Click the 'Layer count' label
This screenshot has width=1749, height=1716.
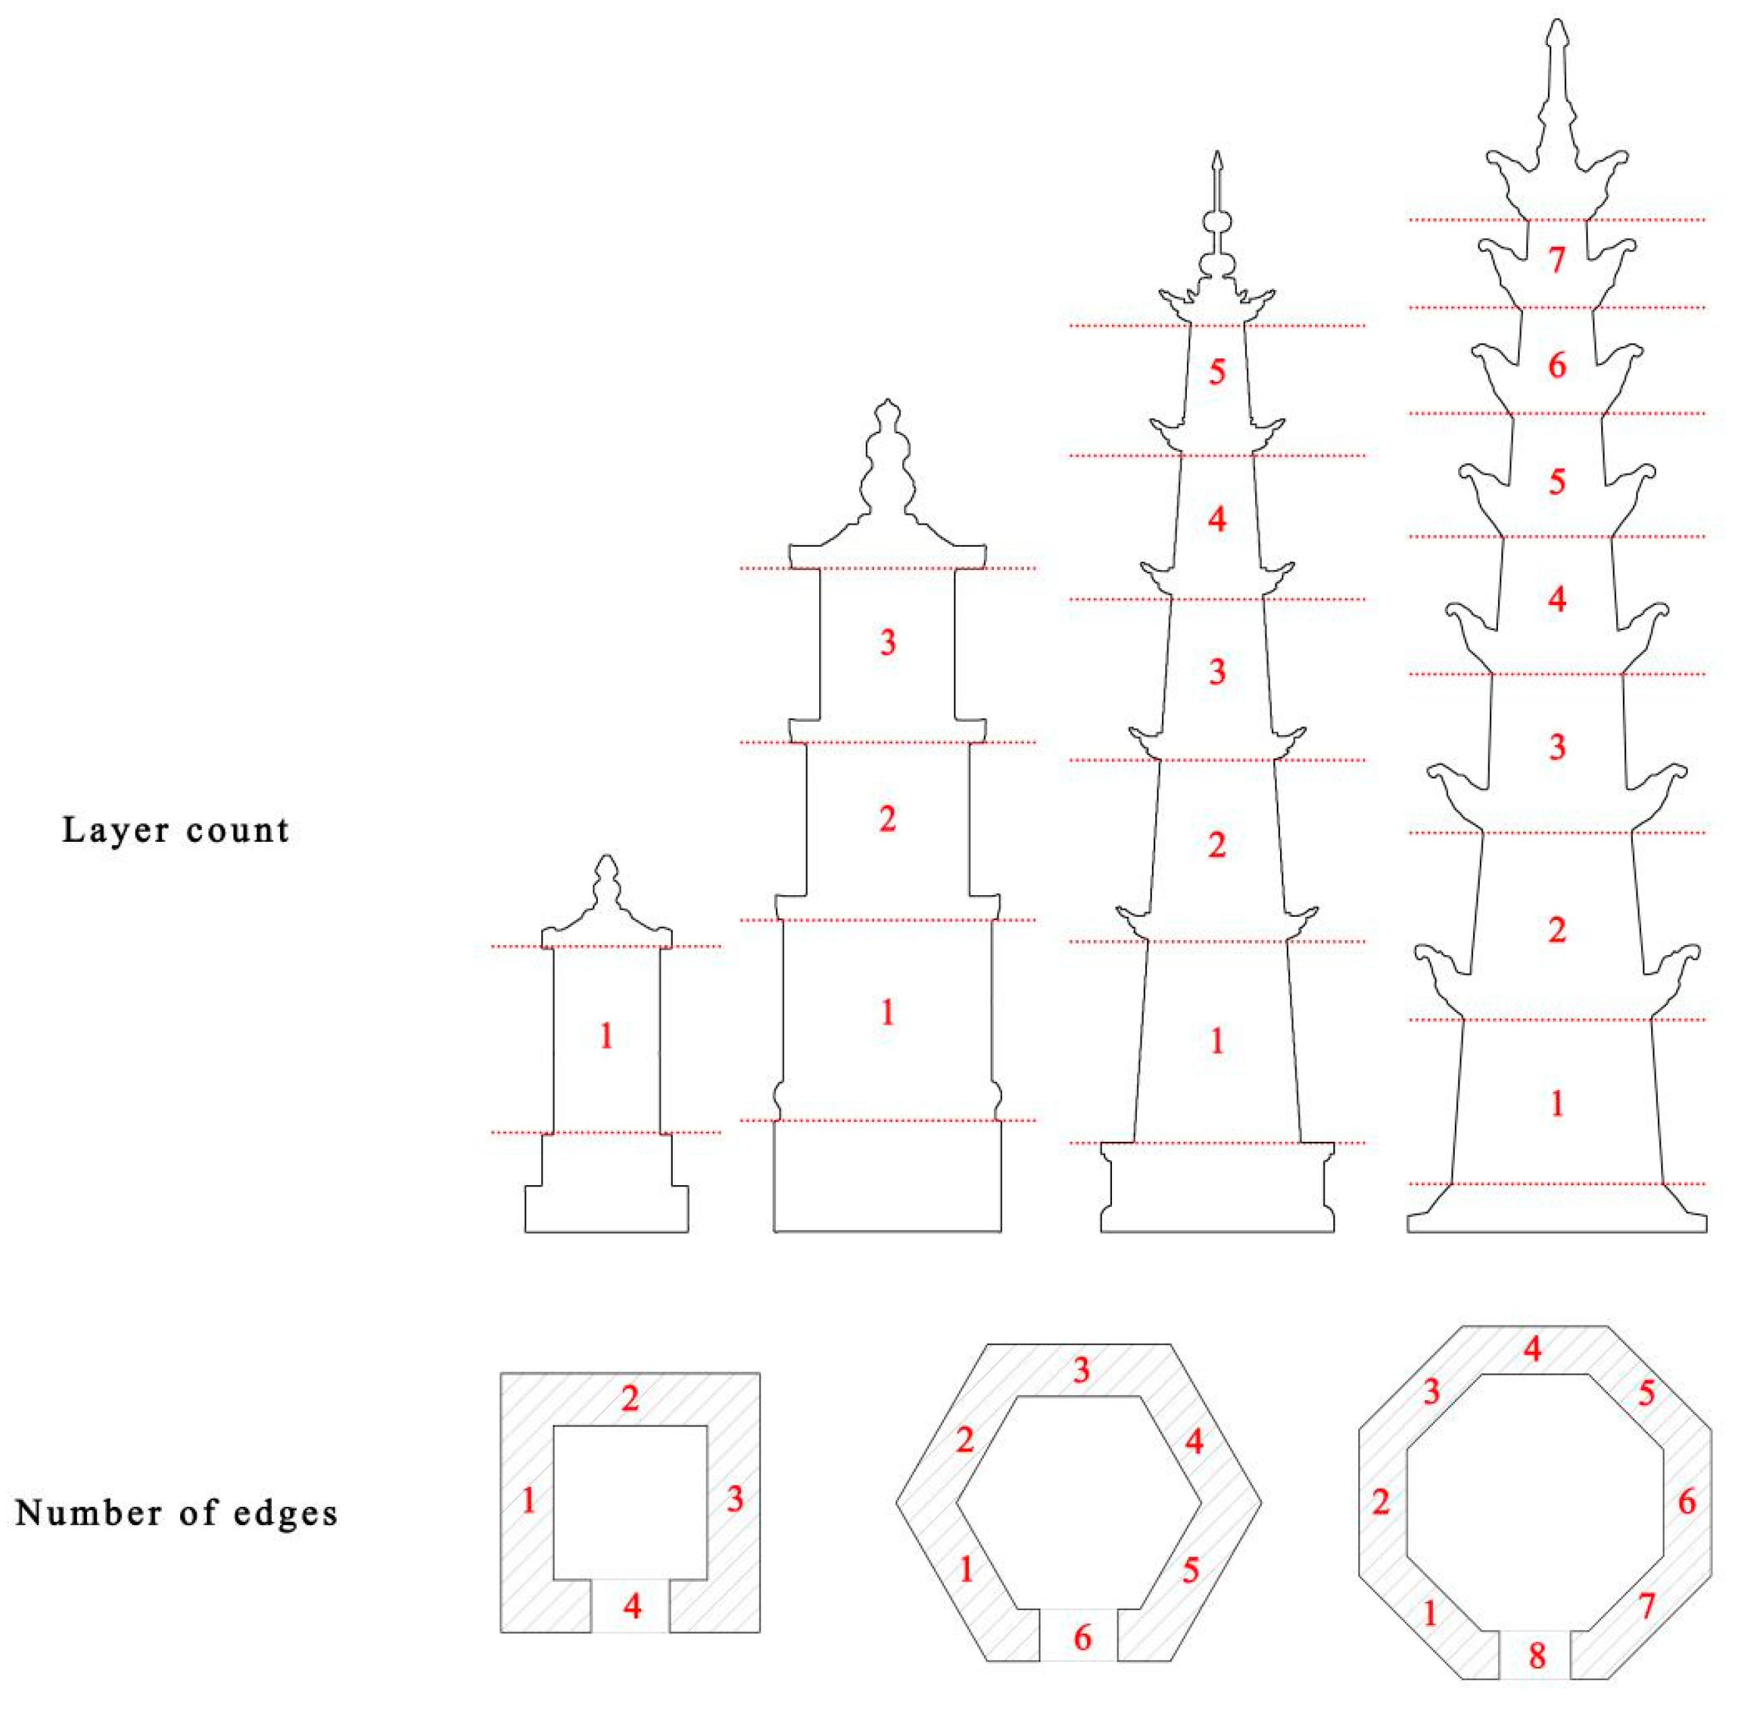pos(176,830)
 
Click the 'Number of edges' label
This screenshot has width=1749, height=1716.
pos(177,1513)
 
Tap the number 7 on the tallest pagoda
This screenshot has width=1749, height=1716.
pos(1557,260)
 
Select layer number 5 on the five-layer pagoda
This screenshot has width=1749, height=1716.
pos(1217,371)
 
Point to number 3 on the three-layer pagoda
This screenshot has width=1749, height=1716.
pos(888,643)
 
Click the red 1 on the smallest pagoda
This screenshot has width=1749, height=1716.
pos(607,1037)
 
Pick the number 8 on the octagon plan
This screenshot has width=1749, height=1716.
pos(1537,1655)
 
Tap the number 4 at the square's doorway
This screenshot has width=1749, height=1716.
pos(632,1605)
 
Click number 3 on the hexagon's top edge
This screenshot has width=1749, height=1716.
pos(1081,1371)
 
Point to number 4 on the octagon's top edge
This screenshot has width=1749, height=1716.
pos(1532,1349)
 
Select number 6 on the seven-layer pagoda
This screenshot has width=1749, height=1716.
pos(1557,365)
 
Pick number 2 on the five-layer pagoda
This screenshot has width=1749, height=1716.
pos(1217,845)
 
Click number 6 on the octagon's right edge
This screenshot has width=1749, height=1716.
pos(1687,1502)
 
